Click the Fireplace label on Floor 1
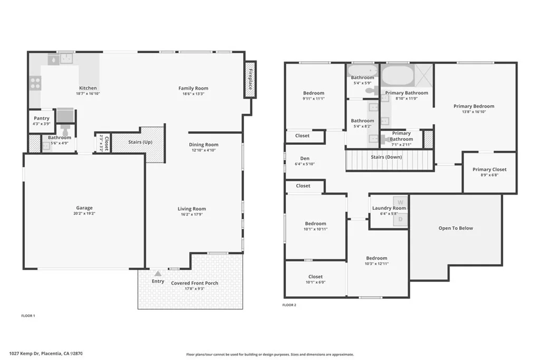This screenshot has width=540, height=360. pyautogui.click(x=250, y=80)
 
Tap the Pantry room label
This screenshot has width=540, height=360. pyautogui.click(x=41, y=118)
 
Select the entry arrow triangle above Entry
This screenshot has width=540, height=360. pyautogui.click(x=158, y=274)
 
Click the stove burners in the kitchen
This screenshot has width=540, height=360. pyautogui.click(x=35, y=83)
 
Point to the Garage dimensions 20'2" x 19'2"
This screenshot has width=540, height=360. pyautogui.click(x=84, y=213)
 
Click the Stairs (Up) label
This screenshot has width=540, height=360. pyautogui.click(x=140, y=142)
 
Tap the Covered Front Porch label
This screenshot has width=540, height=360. pyautogui.click(x=195, y=283)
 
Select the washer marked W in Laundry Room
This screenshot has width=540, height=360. pyautogui.click(x=400, y=202)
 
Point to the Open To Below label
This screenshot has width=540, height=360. pyautogui.click(x=456, y=228)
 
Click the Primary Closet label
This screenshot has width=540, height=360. pyautogui.click(x=489, y=169)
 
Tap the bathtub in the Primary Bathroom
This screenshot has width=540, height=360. pyautogui.click(x=398, y=75)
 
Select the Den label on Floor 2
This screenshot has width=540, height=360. pyautogui.click(x=305, y=158)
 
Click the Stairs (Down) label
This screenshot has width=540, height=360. pyautogui.click(x=387, y=157)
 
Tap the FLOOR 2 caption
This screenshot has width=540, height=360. pyautogui.click(x=290, y=305)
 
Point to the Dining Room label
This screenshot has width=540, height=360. pyautogui.click(x=204, y=144)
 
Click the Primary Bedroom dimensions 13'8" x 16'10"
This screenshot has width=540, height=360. pyautogui.click(x=474, y=112)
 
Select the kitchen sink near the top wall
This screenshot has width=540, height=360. pyautogui.click(x=67, y=59)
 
